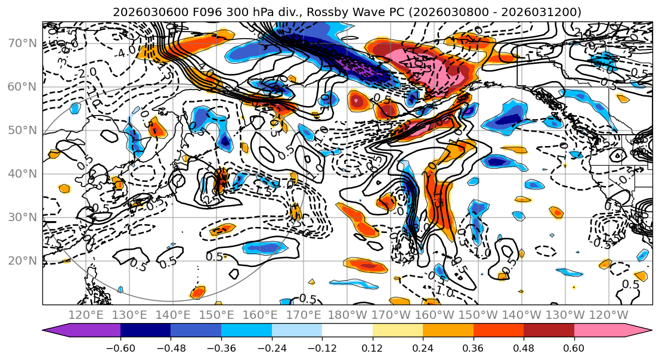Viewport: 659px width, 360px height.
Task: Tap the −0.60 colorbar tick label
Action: (x=120, y=347)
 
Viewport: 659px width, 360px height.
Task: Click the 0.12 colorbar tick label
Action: (x=372, y=347)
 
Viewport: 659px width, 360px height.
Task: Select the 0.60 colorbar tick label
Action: (x=574, y=347)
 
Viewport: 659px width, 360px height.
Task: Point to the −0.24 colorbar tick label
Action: (x=271, y=347)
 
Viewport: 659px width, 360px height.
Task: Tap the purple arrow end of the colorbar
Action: (x=54, y=331)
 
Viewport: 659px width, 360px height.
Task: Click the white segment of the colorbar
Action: (x=347, y=331)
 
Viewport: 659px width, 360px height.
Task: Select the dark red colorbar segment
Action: (x=549, y=331)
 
